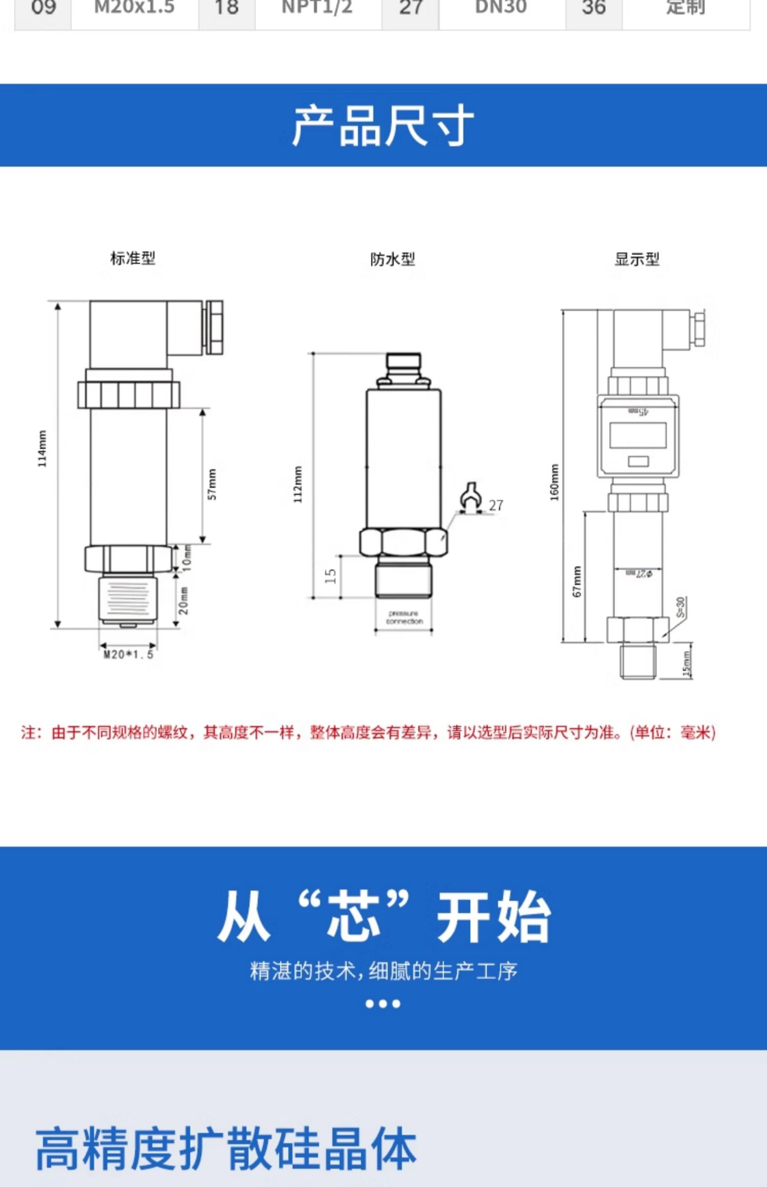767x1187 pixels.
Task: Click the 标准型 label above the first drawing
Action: click(x=133, y=258)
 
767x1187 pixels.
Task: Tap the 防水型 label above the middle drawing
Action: click(x=392, y=259)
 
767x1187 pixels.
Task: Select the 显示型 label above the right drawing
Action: click(x=637, y=259)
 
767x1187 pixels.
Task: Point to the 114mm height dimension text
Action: click(x=42, y=448)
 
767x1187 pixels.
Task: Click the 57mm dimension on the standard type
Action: click(x=212, y=484)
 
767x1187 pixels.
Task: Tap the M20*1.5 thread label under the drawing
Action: click(x=128, y=654)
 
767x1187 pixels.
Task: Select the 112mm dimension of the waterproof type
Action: click(x=298, y=484)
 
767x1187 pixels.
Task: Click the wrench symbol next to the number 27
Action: click(x=470, y=497)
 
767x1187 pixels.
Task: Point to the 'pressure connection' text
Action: click(x=404, y=617)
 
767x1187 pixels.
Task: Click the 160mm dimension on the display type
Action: click(x=555, y=482)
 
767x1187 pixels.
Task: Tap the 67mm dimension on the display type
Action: click(x=577, y=582)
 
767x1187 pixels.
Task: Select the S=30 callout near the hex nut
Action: click(x=681, y=607)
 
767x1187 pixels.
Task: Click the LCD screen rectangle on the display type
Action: click(x=638, y=436)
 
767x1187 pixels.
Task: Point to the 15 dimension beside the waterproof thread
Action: click(x=330, y=576)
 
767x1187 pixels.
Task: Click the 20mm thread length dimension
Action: click(x=184, y=600)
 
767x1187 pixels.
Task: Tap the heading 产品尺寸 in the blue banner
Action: click(x=383, y=126)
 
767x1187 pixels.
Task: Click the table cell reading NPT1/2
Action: click(x=318, y=8)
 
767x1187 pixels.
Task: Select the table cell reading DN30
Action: click(x=501, y=8)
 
